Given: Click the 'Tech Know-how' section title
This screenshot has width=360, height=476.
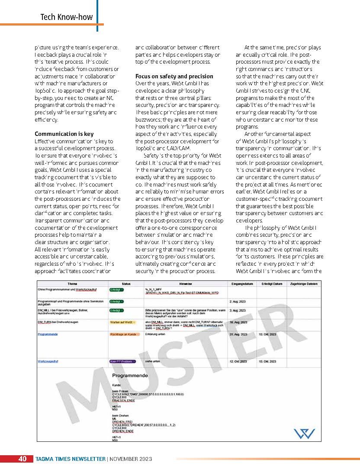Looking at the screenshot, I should [x=67, y=17].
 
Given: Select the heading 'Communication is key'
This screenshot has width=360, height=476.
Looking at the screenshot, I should [x=64, y=134].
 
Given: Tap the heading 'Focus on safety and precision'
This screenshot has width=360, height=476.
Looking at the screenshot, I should [x=174, y=76].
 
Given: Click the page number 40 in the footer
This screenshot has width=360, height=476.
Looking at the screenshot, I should [x=22, y=459].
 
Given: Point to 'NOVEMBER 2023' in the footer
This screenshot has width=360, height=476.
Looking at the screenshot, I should [x=130, y=459].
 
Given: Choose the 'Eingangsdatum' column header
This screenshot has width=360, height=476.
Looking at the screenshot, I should [x=242, y=283].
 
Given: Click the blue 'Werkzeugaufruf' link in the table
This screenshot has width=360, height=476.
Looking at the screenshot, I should [x=48, y=361].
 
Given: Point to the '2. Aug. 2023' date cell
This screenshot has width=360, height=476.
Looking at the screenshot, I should [x=238, y=300].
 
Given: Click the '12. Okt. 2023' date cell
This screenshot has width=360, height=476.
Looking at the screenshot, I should [x=238, y=361].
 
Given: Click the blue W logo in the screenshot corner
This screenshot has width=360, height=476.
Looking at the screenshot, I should [x=304, y=433].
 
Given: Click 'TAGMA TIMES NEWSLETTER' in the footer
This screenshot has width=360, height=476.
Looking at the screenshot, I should [x=71, y=459].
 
